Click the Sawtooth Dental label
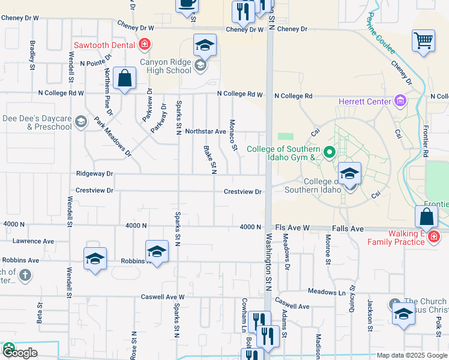[x=104, y=44]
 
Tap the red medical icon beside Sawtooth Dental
[x=144, y=44]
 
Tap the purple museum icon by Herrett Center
[x=400, y=101]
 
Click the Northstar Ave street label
[x=205, y=131]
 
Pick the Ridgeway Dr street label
[x=94, y=173]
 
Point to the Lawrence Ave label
[x=33, y=241]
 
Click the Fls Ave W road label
[x=292, y=229]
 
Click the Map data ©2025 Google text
[x=411, y=355]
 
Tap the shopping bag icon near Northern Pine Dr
[x=124, y=79]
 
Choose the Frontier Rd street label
[x=425, y=144]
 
